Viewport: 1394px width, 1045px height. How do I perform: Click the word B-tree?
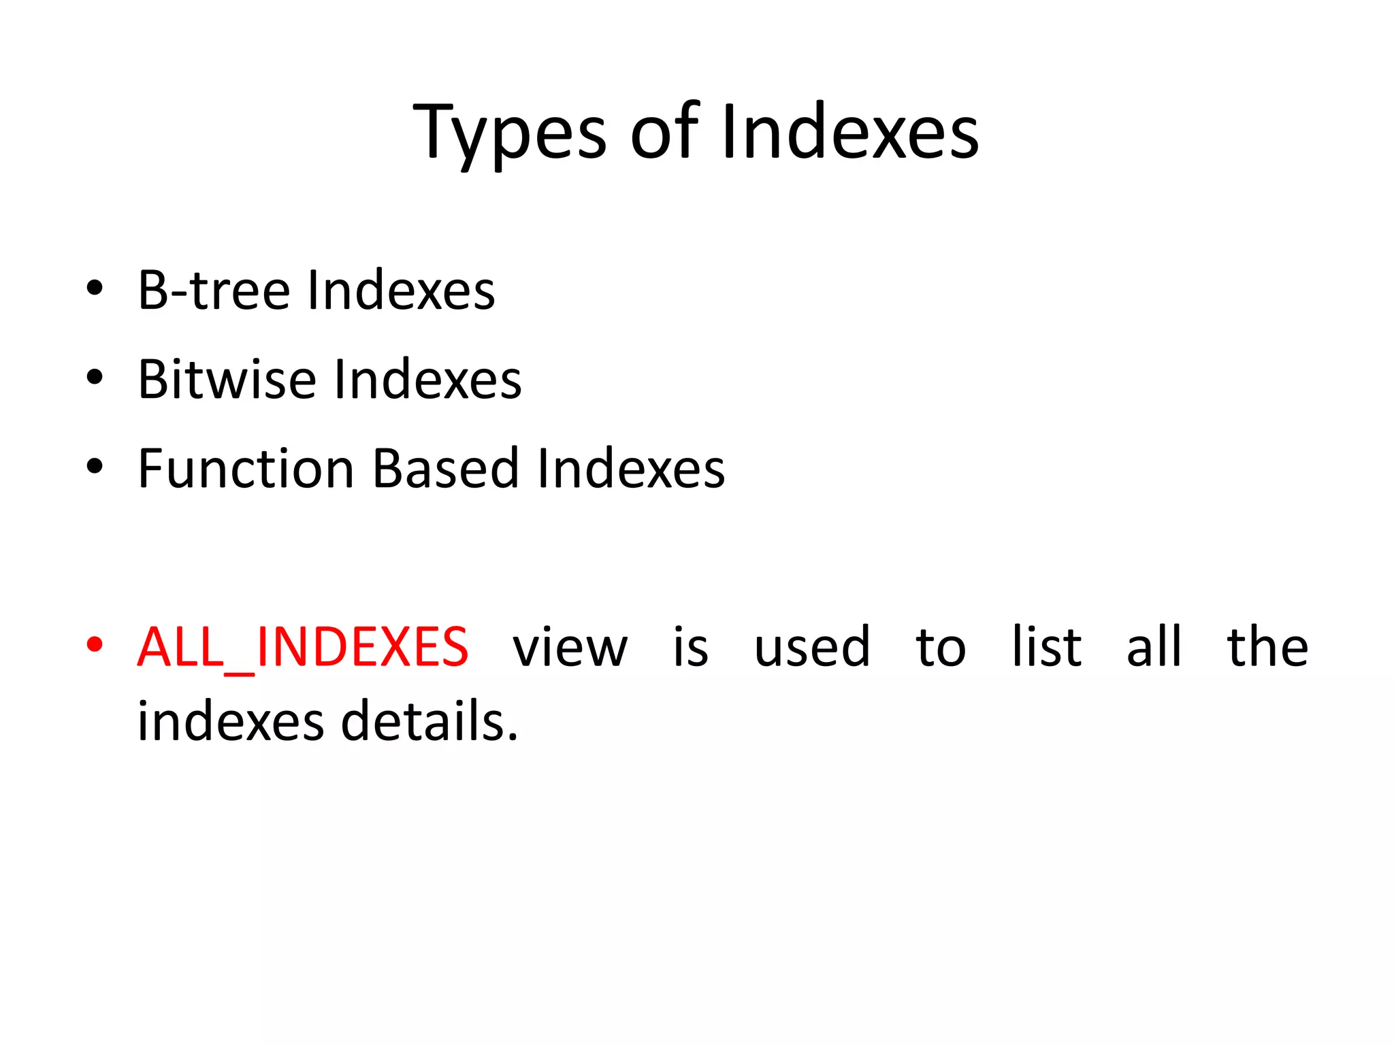(x=214, y=291)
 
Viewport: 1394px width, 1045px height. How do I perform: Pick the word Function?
(x=246, y=469)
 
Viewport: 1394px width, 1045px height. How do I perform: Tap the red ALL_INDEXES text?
(x=303, y=648)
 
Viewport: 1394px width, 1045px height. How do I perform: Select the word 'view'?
(x=570, y=648)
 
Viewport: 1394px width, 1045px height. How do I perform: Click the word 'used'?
(x=812, y=648)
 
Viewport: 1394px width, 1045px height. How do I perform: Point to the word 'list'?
(x=1046, y=648)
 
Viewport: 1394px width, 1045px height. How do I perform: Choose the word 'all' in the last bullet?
(x=1154, y=648)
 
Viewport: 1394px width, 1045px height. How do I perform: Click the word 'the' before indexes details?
(x=1267, y=648)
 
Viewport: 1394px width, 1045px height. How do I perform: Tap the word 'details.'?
(x=429, y=722)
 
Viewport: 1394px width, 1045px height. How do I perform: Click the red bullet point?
(x=95, y=644)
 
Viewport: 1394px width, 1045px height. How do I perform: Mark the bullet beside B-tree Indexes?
(x=95, y=288)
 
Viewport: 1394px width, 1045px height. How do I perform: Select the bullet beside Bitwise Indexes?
(x=95, y=377)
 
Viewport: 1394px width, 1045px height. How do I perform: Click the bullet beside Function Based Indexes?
(x=95, y=467)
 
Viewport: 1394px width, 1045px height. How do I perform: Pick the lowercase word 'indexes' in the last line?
(x=231, y=722)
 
